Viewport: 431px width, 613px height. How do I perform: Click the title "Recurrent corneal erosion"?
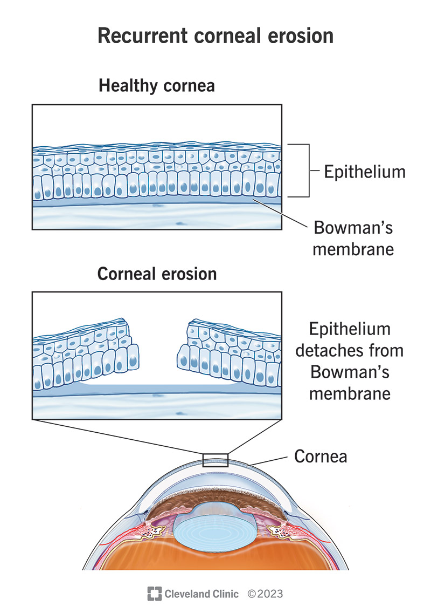pos(215,35)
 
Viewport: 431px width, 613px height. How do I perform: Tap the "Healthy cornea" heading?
pos(156,86)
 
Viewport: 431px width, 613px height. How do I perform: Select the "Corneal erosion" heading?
pos(157,274)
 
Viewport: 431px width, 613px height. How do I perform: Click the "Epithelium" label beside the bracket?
pos(364,172)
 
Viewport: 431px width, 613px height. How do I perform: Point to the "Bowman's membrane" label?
pos(354,239)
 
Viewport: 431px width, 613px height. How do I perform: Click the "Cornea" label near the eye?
pos(321,457)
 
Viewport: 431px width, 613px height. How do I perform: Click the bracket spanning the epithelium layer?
pos(308,171)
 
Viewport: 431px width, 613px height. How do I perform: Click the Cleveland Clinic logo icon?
pos(155,594)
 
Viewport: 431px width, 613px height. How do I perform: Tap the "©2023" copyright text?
pos(265,594)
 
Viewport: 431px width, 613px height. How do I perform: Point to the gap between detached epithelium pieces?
pos(157,351)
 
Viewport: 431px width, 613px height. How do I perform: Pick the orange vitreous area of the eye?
pos(215,561)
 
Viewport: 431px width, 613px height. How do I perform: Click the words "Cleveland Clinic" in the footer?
pos(201,594)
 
